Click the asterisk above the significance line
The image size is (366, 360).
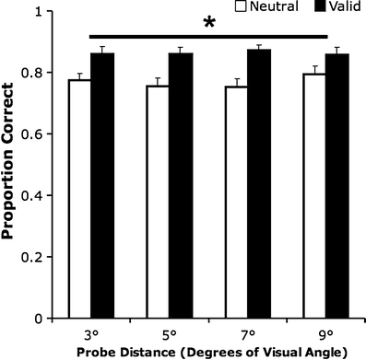(209, 23)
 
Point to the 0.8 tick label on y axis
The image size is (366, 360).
(41, 74)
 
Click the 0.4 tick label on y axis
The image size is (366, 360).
(41, 196)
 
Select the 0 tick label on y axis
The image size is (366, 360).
(47, 319)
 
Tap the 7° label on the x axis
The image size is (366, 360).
(248, 332)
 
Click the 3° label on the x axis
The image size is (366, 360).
(90, 332)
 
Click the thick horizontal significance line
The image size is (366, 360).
(209, 37)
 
